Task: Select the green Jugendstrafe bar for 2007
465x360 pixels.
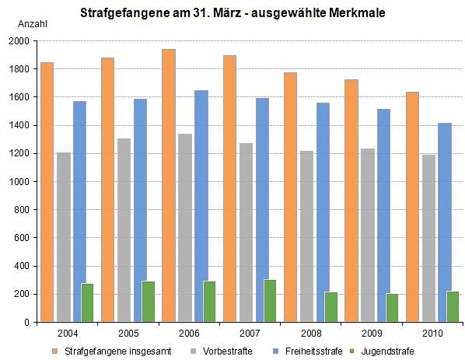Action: click(x=270, y=300)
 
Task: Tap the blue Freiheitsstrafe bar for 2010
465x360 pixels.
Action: click(x=445, y=222)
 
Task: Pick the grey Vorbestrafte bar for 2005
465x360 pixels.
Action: click(x=124, y=229)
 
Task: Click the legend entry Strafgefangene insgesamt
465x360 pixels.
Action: click(x=107, y=351)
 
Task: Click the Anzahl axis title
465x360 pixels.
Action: click(x=31, y=23)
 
